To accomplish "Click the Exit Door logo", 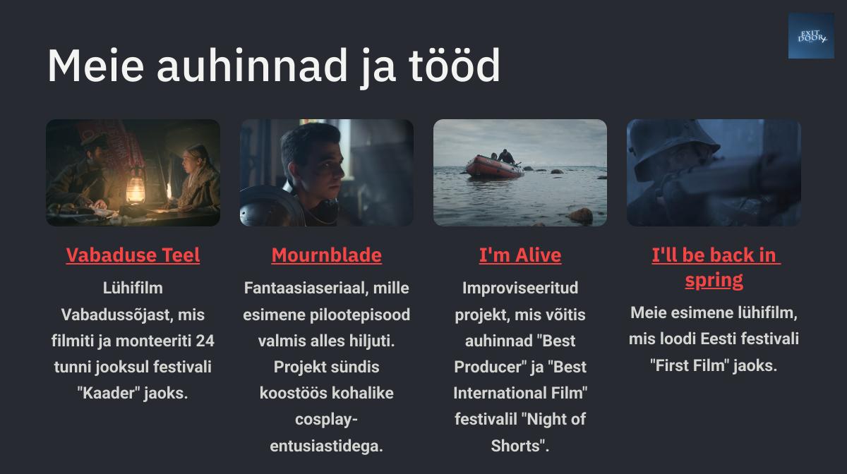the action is click(x=811, y=36).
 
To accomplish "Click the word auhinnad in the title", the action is click(x=252, y=66).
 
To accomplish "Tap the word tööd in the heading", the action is click(x=455, y=66).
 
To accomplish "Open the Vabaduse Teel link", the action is click(x=133, y=255).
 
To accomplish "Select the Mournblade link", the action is click(x=327, y=255).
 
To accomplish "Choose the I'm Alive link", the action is click(x=520, y=255).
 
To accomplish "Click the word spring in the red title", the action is click(x=714, y=281).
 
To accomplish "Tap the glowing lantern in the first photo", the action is click(x=136, y=187).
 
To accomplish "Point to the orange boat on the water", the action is click(x=495, y=166).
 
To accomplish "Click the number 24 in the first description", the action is click(x=205, y=341).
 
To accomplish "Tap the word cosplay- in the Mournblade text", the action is click(x=326, y=420).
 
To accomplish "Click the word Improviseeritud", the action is click(x=520, y=288).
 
